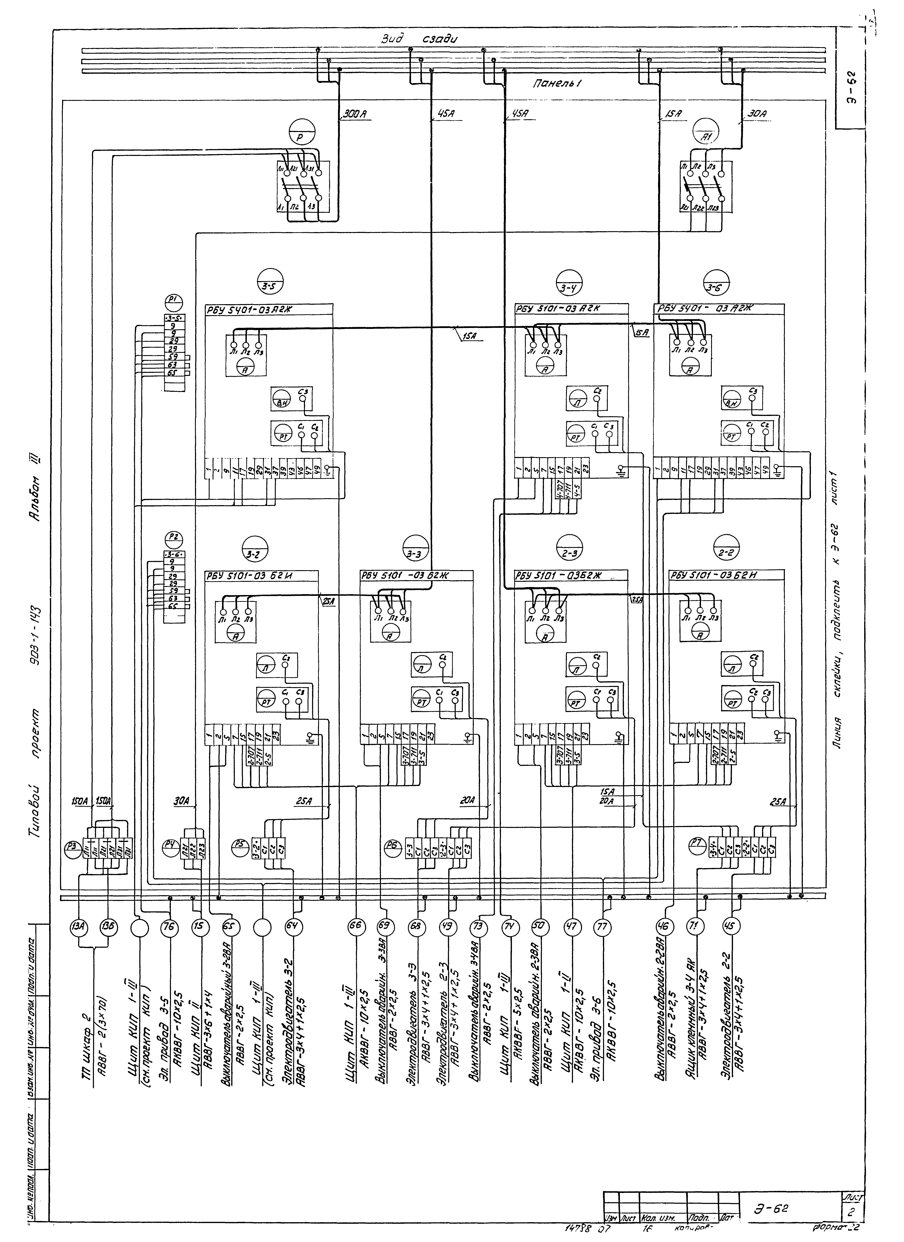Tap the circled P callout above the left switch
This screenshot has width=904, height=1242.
coord(300,134)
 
